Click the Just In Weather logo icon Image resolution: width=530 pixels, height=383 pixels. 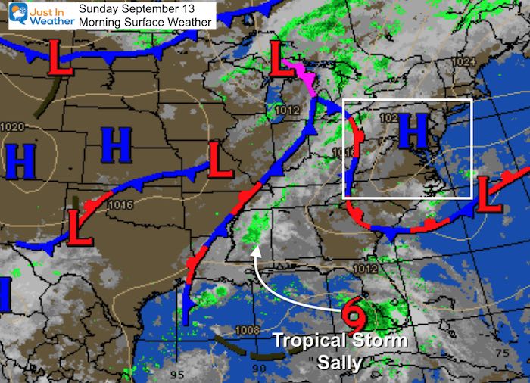17,14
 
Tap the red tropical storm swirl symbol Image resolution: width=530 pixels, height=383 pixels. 352,313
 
